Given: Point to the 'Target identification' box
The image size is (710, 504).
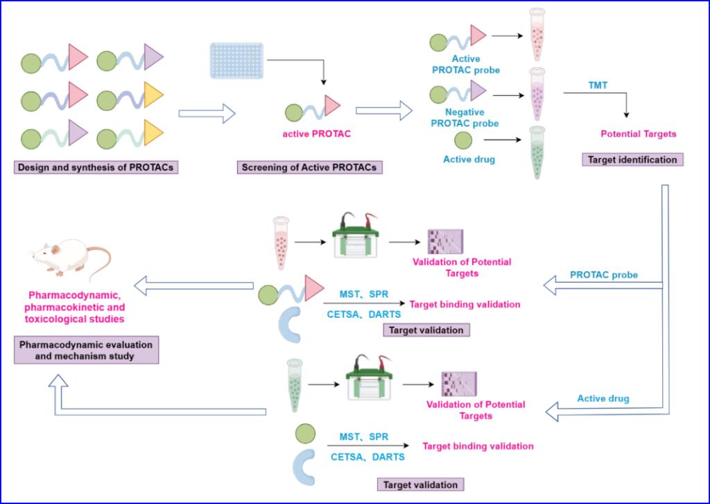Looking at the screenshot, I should pos(632,160).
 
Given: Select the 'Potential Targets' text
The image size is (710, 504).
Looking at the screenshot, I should pos(638,133).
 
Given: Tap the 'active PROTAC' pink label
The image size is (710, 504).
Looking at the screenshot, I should pos(313,133).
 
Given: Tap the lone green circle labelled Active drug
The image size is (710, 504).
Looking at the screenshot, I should pos(463,140).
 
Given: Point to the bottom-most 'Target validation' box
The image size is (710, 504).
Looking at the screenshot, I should pos(420,484).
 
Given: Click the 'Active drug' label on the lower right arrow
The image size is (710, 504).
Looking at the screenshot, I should pos(603,398).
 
